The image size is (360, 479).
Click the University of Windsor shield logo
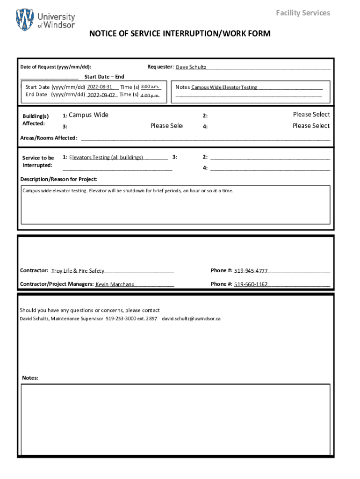coord(25,20)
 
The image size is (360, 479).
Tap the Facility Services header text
coord(302,13)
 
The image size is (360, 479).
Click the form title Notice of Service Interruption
coord(180,34)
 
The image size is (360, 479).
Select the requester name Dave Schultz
coord(191,67)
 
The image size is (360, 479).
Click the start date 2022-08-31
coord(100,87)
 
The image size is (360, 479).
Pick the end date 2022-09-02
coord(101,95)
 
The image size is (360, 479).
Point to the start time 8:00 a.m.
coord(150,87)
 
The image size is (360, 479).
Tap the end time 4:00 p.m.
coord(150,95)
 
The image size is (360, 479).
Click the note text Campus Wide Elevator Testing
coord(224,87)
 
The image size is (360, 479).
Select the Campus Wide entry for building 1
coord(88,115)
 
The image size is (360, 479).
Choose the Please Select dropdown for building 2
coord(311,115)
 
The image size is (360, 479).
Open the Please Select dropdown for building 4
coord(311,126)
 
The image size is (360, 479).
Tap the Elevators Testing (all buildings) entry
coord(106,158)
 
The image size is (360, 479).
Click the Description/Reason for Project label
coord(59,179)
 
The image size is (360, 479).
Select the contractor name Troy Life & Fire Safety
coord(78,271)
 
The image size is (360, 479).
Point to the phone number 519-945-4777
coord(251,271)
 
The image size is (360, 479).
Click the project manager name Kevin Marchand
coord(115,284)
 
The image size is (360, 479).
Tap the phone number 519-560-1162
coord(251,284)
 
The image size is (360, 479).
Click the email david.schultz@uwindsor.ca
coord(191,319)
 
